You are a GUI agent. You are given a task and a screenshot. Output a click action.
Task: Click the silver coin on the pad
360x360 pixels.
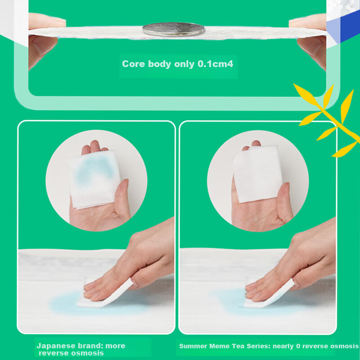pos(173,29)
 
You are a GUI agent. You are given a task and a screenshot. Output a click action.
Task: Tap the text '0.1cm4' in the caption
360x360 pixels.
pos(216,64)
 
